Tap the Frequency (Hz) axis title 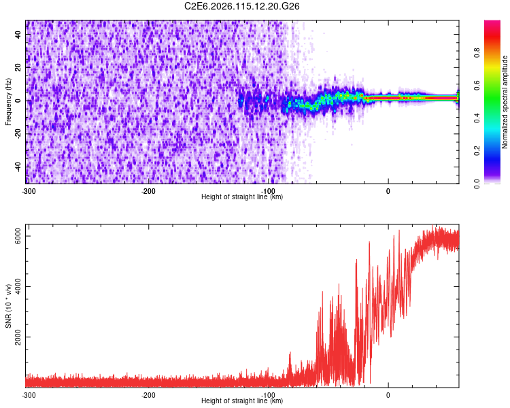point(8,101)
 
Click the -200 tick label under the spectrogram point(148,191)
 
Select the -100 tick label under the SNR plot point(268,395)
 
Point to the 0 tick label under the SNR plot point(388,395)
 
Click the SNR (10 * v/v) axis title point(8,305)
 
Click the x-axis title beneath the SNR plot point(242,401)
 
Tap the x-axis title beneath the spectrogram point(242,197)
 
